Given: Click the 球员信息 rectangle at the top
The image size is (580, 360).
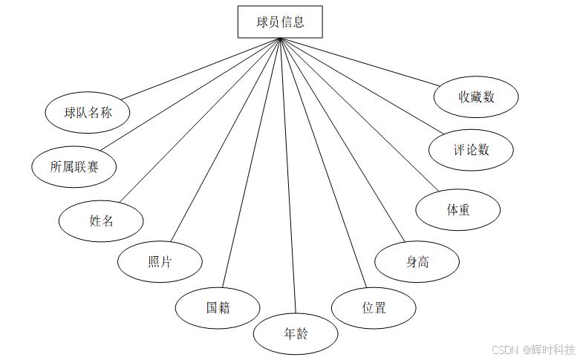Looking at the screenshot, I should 281,22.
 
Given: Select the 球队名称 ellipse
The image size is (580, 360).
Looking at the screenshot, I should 88,113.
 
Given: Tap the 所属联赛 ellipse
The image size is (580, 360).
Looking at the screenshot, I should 74,167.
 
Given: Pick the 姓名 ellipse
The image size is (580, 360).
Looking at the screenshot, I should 101,220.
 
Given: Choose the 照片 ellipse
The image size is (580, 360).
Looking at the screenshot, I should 160,262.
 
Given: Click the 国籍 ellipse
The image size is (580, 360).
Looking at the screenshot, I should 218,307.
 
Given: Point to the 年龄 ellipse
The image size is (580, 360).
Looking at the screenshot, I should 296,334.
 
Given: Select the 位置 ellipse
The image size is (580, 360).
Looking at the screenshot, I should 374,307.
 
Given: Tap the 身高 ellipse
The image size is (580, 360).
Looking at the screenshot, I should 417,262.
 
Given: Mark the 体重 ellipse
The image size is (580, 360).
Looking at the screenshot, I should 458,209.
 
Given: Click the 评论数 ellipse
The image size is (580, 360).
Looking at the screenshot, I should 471,149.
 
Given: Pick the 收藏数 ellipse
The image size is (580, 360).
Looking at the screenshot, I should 476,96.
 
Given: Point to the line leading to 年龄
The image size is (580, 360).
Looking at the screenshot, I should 288,178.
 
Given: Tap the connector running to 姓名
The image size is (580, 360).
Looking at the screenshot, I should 201,119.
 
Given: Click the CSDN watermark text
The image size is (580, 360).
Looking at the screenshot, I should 504,349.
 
